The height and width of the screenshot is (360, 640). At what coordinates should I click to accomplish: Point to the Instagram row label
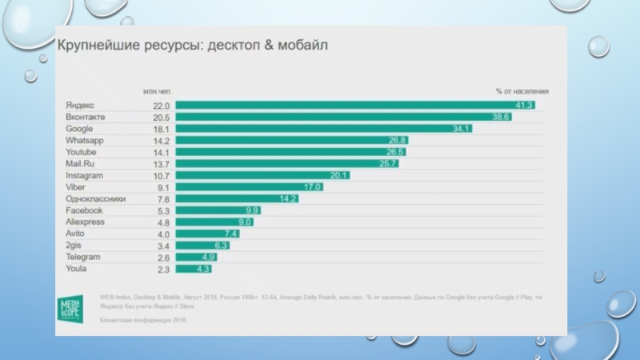84,175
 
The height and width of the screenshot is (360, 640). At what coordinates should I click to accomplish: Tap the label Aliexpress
85,222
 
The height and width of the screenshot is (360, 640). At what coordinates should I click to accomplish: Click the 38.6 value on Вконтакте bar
502,117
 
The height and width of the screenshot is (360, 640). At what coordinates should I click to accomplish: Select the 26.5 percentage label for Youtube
395,152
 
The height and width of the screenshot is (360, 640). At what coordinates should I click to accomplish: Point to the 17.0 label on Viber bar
312,187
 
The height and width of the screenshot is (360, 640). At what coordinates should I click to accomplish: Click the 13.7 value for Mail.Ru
162,163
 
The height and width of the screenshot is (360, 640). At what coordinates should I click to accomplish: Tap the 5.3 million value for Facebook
162,210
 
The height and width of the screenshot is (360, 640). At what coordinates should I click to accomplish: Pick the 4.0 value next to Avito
162,234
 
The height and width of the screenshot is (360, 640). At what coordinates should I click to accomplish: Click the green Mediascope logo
74,308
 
